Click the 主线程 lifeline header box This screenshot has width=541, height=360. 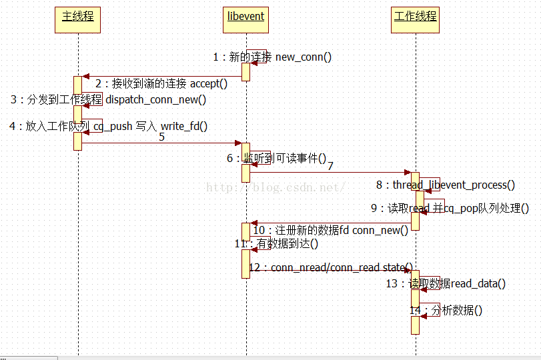78,17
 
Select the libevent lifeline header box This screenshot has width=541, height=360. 246,17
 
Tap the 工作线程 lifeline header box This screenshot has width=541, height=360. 416,17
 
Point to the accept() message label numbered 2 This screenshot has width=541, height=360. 161,84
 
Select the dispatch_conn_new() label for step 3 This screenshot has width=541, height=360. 108,100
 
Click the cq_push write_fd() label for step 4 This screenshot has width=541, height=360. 108,126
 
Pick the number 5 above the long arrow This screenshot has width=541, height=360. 161,137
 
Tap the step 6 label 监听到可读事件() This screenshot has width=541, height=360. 276,158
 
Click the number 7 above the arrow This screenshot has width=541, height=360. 330,165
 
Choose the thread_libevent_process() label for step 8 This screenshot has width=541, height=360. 446,185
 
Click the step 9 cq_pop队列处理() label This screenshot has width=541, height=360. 450,209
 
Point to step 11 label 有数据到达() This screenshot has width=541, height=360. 276,244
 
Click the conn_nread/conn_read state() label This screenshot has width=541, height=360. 330,267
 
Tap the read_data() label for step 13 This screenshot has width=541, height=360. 446,284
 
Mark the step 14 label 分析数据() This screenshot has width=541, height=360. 446,310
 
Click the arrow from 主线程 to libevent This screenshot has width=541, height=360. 160,143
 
